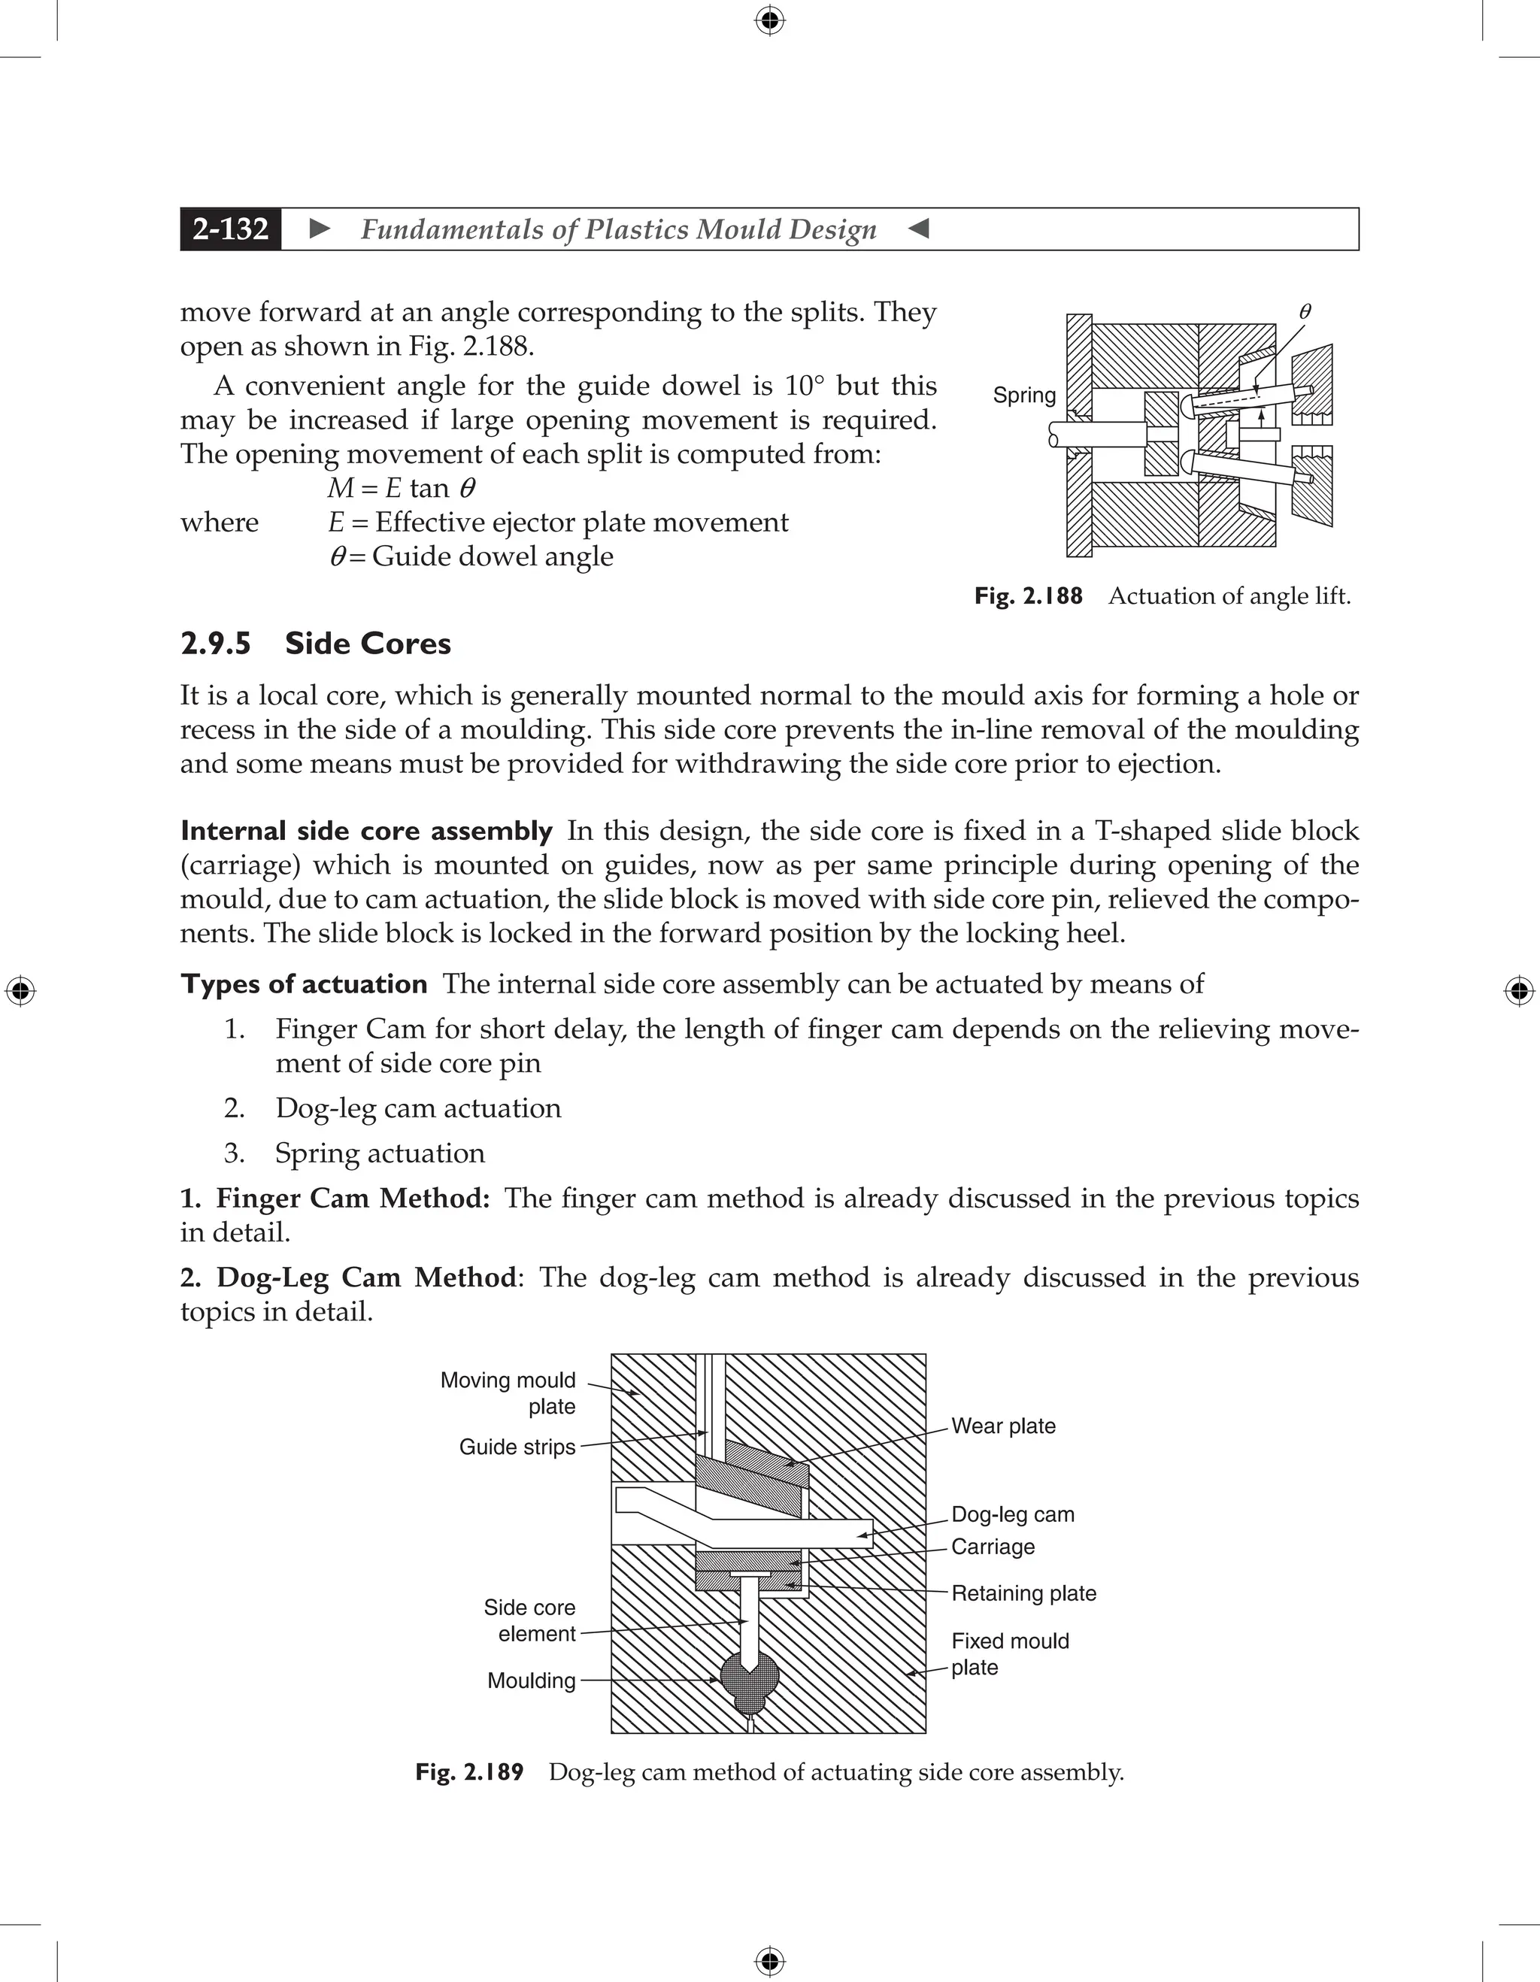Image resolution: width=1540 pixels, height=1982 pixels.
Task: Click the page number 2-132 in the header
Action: tap(231, 229)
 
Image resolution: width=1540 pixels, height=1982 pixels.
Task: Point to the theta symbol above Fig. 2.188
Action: tap(1305, 311)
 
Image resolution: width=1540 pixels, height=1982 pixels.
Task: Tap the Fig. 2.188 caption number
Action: tap(1028, 596)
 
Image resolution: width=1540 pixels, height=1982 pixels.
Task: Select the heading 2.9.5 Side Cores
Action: tap(315, 644)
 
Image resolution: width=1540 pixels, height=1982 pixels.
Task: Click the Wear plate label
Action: tap(1003, 1426)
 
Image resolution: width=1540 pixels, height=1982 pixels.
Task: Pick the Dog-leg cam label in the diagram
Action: tap(1012, 1514)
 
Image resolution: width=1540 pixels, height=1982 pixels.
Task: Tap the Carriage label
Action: tap(992, 1547)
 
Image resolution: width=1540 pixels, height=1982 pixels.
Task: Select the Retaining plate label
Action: tap(1023, 1593)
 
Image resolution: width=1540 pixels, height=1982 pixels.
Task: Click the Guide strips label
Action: tap(517, 1447)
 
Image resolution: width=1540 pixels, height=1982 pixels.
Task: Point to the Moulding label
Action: tap(531, 1680)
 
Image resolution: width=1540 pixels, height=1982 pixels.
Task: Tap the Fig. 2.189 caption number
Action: tap(469, 1772)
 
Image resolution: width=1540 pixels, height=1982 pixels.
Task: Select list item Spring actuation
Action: tap(379, 1153)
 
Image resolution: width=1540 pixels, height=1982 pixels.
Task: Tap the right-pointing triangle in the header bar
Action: tap(320, 229)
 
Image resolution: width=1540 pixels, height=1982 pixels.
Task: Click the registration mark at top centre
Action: tap(769, 20)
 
